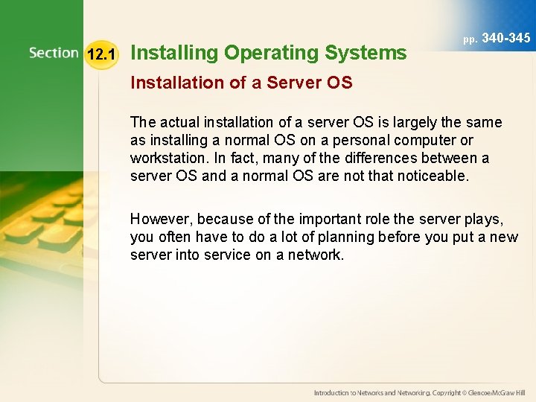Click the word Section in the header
coord(54,53)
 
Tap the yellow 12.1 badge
coord(100,54)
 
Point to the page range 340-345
coord(506,37)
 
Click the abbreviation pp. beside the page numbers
coord(470,39)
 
